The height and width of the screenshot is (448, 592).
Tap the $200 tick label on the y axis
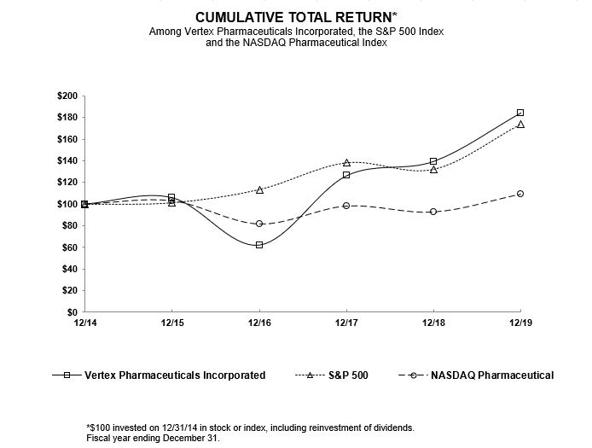(x=66, y=96)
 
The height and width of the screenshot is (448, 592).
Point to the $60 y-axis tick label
(x=68, y=247)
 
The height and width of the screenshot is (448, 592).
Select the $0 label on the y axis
(x=72, y=312)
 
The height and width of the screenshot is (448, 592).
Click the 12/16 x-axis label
(x=259, y=323)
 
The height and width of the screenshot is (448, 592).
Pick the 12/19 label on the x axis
(x=519, y=323)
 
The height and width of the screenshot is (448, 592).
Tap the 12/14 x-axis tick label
(x=84, y=323)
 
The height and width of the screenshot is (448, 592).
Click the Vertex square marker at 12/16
(x=259, y=245)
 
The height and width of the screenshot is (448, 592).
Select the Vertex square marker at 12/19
(x=520, y=113)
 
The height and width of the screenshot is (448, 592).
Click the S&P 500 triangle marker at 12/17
(x=346, y=162)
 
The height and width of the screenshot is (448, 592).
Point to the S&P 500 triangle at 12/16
(x=259, y=189)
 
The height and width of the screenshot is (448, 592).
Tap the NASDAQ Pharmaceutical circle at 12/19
(x=520, y=194)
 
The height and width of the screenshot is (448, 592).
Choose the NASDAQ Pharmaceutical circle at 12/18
(x=433, y=212)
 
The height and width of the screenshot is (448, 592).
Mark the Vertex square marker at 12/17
(x=346, y=175)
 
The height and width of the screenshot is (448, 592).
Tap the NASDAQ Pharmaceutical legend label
(x=492, y=375)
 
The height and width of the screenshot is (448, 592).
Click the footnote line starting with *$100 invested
(x=251, y=427)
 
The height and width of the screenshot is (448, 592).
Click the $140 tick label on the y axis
(x=66, y=160)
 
